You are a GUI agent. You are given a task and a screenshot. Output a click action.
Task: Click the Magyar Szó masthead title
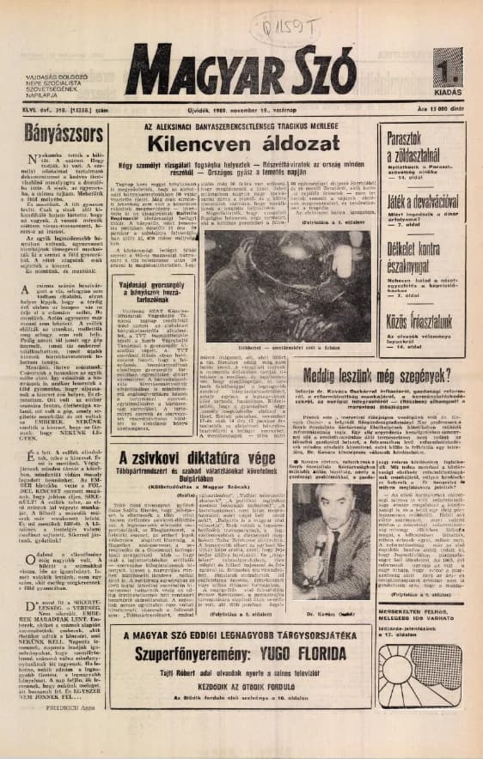(240, 70)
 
